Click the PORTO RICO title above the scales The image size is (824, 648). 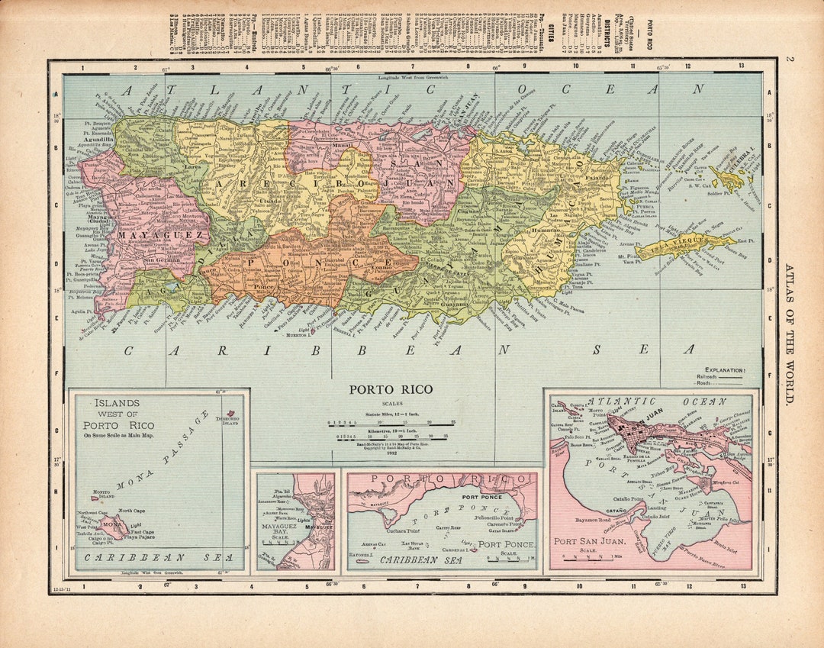(391, 389)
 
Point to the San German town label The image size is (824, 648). (160, 260)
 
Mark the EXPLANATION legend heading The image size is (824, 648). (725, 369)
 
